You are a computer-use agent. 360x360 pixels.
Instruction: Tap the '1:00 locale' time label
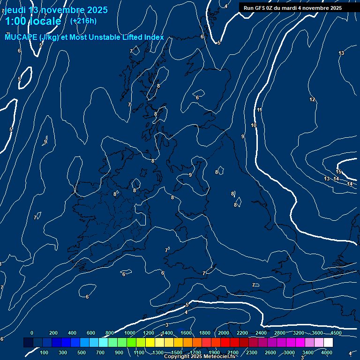[33, 21]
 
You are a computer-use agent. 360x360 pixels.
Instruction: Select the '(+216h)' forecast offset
[83, 21]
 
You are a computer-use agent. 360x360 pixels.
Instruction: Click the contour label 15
[338, 172]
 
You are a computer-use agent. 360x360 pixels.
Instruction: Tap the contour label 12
[312, 99]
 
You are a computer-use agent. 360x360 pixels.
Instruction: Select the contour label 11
[259, 110]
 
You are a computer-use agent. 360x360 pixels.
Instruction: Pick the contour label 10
[254, 125]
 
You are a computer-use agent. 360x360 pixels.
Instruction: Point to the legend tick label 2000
[224, 333]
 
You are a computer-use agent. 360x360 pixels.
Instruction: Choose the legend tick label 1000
[130, 333]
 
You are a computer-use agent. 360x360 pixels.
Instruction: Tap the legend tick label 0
[32, 333]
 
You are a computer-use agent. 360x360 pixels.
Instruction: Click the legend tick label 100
[45, 352]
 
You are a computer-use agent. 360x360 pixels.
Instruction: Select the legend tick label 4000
[327, 352]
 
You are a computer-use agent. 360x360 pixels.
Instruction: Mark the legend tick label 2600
[270, 352]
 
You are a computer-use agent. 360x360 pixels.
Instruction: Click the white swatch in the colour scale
[328, 343]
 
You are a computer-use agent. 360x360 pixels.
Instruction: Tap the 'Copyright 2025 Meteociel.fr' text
[200, 357]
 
